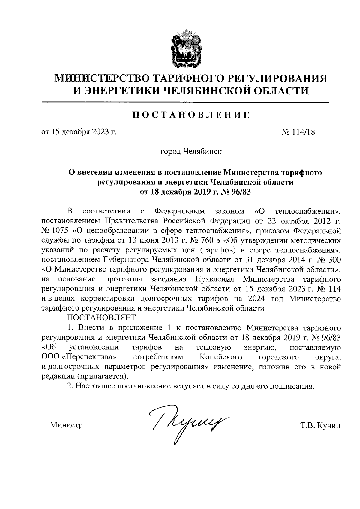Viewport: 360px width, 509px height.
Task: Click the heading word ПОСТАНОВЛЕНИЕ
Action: coord(191,115)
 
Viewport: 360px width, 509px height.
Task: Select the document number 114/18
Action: coord(303,132)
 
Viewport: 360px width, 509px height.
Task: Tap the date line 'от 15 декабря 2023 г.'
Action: coord(79,132)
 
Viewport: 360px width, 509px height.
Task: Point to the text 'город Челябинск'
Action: coord(191,151)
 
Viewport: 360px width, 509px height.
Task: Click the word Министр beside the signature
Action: coord(66,425)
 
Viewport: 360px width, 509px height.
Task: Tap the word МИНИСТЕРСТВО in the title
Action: coord(102,78)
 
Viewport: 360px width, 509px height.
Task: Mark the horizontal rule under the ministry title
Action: coord(185,103)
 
